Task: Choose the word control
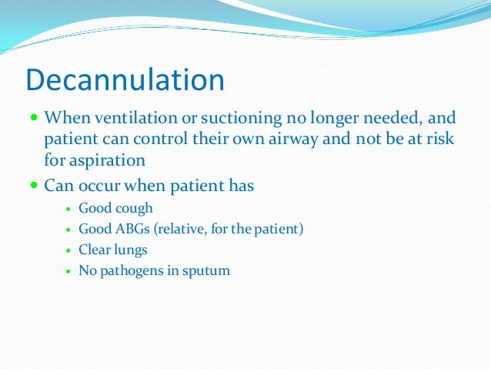[174, 140]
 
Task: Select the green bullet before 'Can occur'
[33, 186]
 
